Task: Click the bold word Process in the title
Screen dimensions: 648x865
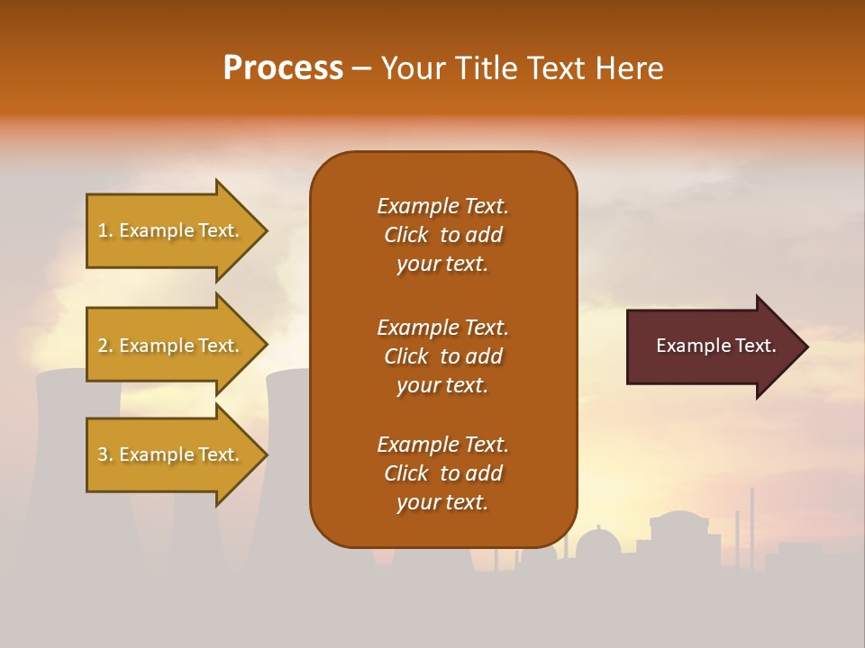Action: click(x=283, y=68)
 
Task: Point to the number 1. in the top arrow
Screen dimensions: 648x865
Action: click(x=105, y=230)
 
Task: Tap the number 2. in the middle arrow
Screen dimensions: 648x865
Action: click(x=105, y=346)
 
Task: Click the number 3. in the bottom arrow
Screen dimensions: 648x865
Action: click(x=105, y=454)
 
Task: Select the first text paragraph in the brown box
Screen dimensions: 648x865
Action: click(x=442, y=235)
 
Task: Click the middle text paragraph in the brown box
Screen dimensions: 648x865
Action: click(x=442, y=356)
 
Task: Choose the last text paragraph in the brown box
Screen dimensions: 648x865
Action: click(x=442, y=473)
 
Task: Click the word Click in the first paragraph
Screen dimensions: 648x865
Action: click(x=405, y=235)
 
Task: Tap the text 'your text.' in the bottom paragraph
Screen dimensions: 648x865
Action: click(x=442, y=502)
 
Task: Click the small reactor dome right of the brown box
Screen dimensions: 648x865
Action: click(x=597, y=544)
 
